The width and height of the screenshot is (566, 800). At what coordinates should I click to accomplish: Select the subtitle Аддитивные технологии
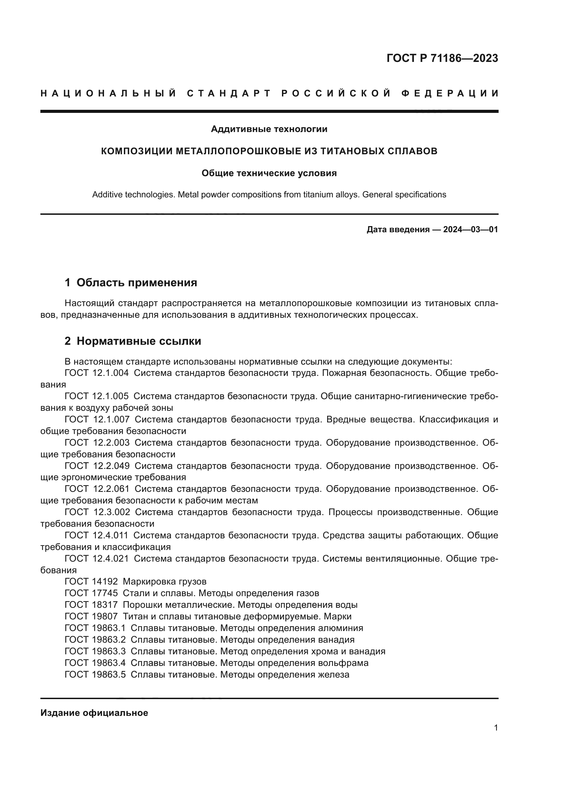[x=269, y=129]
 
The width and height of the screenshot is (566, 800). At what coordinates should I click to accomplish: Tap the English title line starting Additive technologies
[x=269, y=194]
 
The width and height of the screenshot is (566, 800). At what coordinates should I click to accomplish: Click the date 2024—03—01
[x=471, y=229]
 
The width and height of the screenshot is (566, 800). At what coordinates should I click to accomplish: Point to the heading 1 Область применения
[x=131, y=282]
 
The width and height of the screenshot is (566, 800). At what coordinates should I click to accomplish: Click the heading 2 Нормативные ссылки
[x=133, y=341]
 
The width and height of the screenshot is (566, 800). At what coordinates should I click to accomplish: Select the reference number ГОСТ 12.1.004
[x=97, y=373]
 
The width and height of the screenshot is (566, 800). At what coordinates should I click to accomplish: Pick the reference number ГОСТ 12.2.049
[x=97, y=466]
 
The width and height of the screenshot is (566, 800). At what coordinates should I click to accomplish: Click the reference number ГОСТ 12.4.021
[x=97, y=559]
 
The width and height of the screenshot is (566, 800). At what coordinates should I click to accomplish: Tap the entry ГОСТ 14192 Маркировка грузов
[x=136, y=581]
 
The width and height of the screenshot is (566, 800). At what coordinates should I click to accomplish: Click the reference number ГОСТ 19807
[x=91, y=616]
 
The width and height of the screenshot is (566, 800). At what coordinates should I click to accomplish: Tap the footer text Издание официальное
[x=94, y=713]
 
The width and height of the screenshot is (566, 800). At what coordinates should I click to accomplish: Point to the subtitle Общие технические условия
[x=269, y=173]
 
